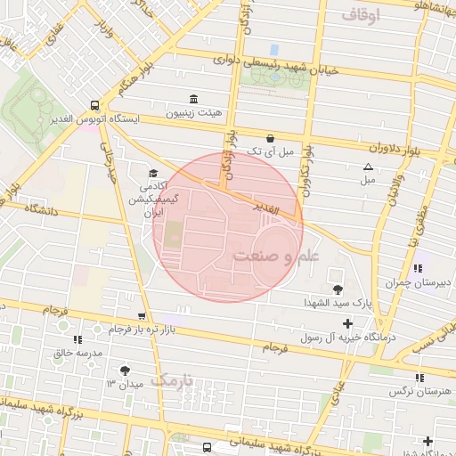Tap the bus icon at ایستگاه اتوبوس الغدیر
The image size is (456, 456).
point(95,104)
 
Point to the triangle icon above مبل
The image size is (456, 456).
point(368,167)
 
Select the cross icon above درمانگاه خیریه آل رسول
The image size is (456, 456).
point(359,322)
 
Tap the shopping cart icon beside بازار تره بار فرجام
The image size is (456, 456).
point(142,316)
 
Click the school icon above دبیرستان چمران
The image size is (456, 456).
point(418,267)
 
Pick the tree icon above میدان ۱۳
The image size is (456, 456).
point(124,370)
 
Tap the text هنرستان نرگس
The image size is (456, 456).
point(420,391)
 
